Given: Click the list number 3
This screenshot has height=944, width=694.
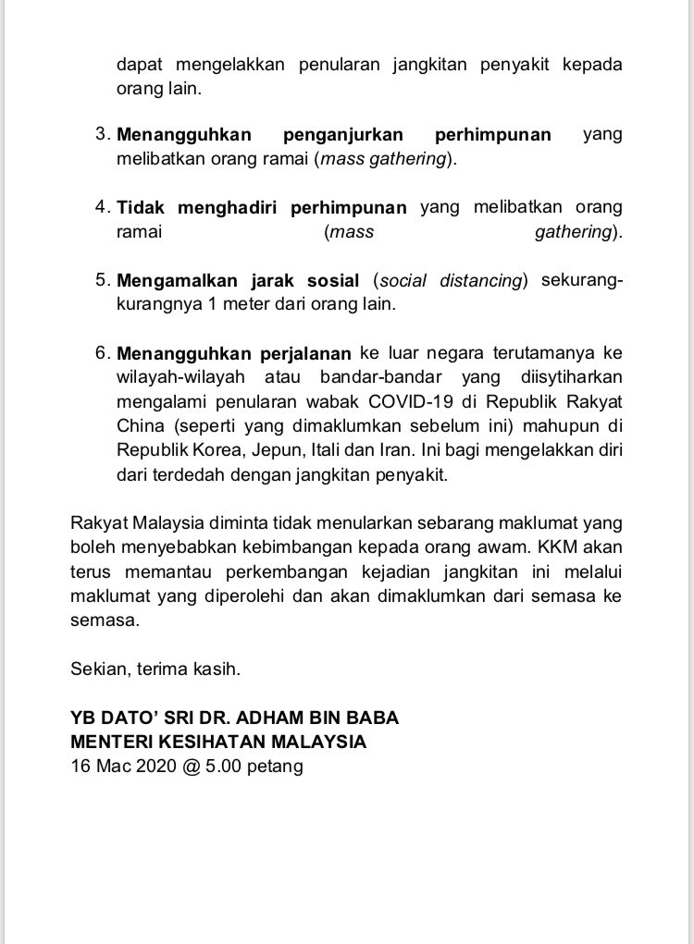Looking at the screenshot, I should [102, 134].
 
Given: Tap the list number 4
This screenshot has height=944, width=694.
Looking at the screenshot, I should [102, 207].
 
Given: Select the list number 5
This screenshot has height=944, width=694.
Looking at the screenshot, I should [102, 280].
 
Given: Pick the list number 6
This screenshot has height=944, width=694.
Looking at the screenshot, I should [102, 352].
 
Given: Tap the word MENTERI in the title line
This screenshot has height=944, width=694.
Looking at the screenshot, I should [111, 742].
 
